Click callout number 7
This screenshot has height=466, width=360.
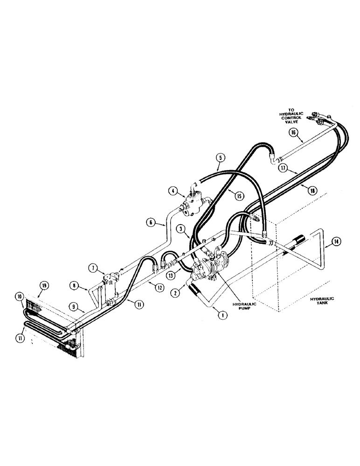pyautogui.click(x=93, y=268)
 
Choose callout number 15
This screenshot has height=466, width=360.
pyautogui.click(x=240, y=196)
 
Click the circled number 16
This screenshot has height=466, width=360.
pyautogui.click(x=293, y=132)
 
